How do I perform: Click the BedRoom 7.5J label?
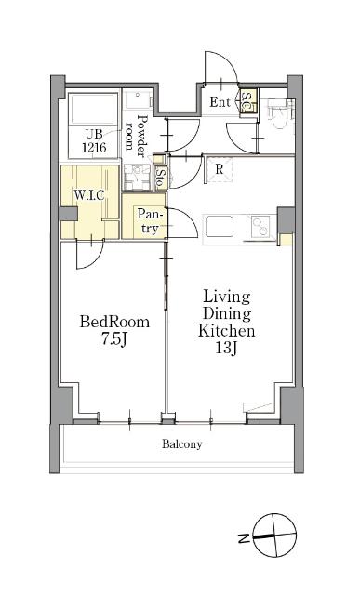(114, 330)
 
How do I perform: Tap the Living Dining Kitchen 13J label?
(227, 322)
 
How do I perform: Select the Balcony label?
(182, 444)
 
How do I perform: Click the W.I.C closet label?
(89, 195)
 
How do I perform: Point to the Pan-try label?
(150, 221)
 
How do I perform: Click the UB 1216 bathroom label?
(94, 140)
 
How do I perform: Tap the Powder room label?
(135, 135)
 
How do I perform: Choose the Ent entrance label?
(220, 102)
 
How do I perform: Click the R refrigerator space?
(220, 169)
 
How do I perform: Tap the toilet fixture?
(280, 112)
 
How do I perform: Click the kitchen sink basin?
(220, 227)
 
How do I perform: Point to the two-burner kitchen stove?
(261, 227)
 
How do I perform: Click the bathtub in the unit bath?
(93, 109)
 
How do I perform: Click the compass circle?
(274, 535)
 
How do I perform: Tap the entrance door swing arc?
(221, 67)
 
